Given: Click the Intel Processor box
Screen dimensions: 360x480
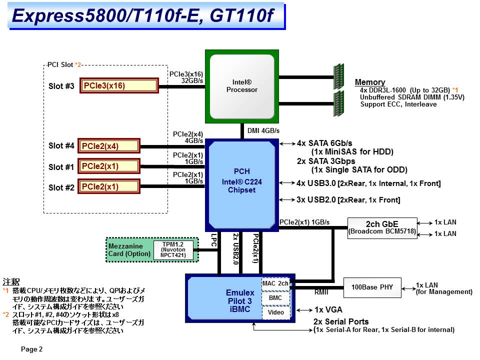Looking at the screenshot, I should point(242,86).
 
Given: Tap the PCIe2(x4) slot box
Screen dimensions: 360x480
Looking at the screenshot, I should point(109,146).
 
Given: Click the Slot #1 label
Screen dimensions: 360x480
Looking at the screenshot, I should point(61,166).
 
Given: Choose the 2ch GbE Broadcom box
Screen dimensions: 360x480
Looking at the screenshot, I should point(382,227).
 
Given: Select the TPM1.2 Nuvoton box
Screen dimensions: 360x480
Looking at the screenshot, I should point(173,249).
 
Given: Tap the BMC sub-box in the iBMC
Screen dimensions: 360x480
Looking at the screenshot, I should point(275,298).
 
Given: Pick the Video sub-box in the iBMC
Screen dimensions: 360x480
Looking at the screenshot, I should point(275,312).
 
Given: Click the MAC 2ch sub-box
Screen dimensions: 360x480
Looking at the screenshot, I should point(275,283).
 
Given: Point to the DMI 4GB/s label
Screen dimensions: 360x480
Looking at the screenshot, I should point(263,130).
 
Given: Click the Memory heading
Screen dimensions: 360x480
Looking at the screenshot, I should point(370,82).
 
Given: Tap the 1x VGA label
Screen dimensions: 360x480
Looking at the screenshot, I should point(328,310).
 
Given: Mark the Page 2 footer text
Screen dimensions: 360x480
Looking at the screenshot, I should point(31,349).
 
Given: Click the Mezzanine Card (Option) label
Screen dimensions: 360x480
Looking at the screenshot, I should point(129,249).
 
